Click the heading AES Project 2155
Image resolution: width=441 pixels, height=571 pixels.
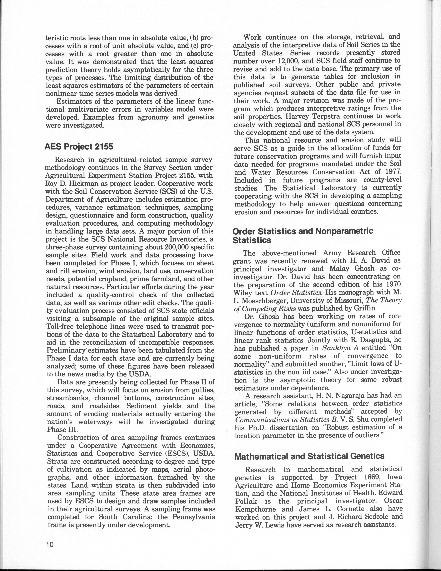(x=79, y=147)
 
